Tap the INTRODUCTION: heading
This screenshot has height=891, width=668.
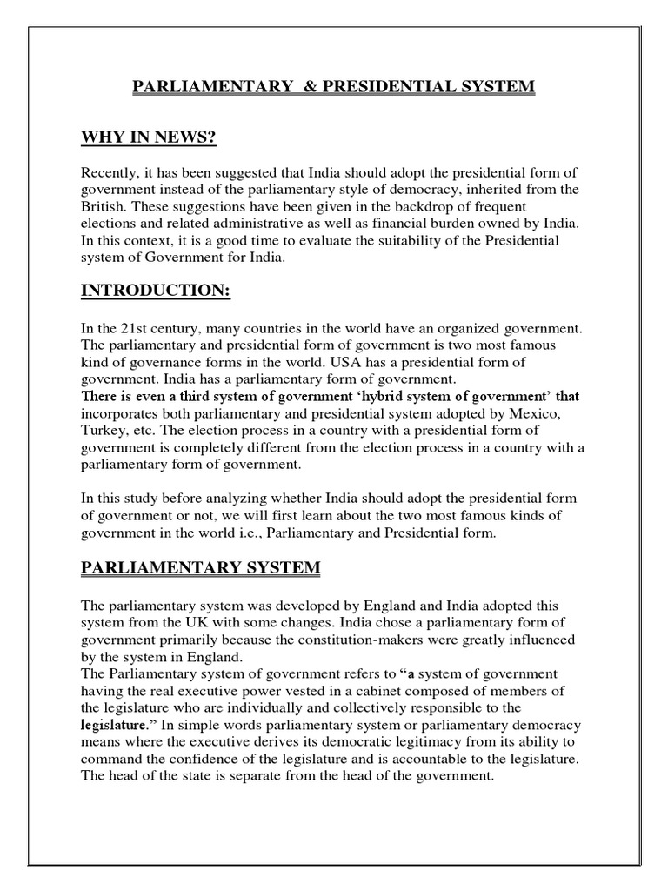click(156, 291)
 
